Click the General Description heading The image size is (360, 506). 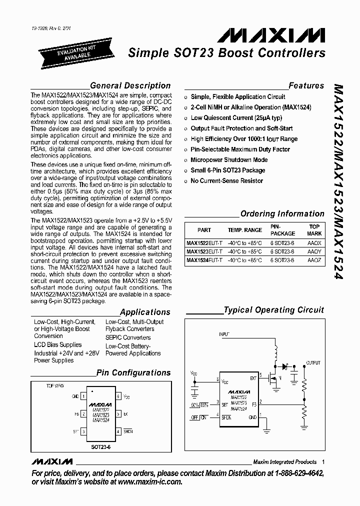(x=129, y=85)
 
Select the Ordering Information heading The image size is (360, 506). (x=282, y=213)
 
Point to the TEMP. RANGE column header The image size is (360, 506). (x=244, y=230)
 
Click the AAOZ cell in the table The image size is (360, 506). (x=314, y=260)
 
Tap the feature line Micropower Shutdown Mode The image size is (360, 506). (x=229, y=160)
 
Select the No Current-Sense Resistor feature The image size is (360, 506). (x=226, y=181)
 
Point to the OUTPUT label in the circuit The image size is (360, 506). (x=313, y=362)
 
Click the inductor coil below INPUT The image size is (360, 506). (x=274, y=355)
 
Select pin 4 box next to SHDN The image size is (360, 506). (x=117, y=431)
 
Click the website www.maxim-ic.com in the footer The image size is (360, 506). (x=150, y=482)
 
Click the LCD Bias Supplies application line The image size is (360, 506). (x=57, y=345)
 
